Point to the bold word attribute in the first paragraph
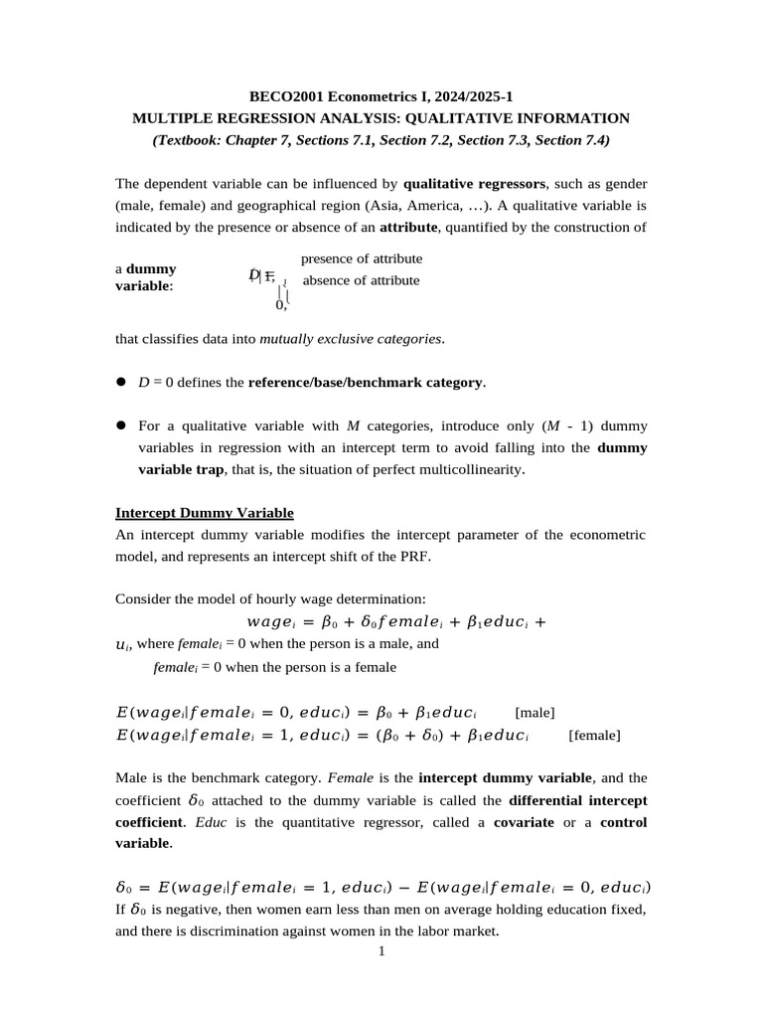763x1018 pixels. [409, 228]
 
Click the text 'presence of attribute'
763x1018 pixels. [362, 258]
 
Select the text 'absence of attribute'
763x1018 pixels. [361, 280]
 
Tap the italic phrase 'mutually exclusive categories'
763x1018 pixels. [351, 339]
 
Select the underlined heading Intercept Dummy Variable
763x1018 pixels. [205, 513]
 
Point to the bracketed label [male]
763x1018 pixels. [534, 713]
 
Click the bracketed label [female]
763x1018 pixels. [594, 735]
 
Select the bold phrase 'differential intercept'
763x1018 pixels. [577, 800]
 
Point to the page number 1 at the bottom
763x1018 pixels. [381, 952]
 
